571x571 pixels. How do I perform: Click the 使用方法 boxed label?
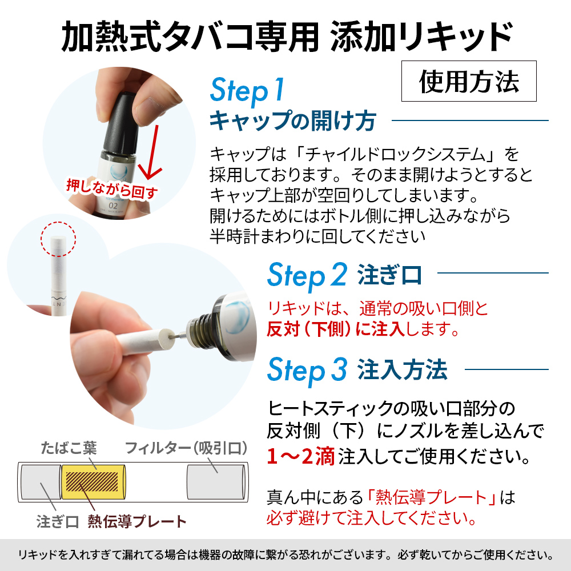469,81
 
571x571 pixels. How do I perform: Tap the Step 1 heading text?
247,90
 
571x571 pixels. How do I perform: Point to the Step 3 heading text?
307,370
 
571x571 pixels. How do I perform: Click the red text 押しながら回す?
112,188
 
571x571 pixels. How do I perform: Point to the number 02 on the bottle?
113,206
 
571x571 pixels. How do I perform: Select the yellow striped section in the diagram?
93,481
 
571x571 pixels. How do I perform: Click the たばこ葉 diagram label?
69,448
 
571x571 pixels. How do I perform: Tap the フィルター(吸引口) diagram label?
186,448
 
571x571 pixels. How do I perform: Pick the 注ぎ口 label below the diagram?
58,521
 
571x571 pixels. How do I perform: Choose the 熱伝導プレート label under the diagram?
137,521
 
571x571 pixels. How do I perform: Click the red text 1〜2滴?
300,456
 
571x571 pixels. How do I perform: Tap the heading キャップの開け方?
293,120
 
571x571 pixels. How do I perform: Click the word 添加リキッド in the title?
422,37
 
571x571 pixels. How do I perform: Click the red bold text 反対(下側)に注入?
336,329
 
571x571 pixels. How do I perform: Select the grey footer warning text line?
285,555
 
